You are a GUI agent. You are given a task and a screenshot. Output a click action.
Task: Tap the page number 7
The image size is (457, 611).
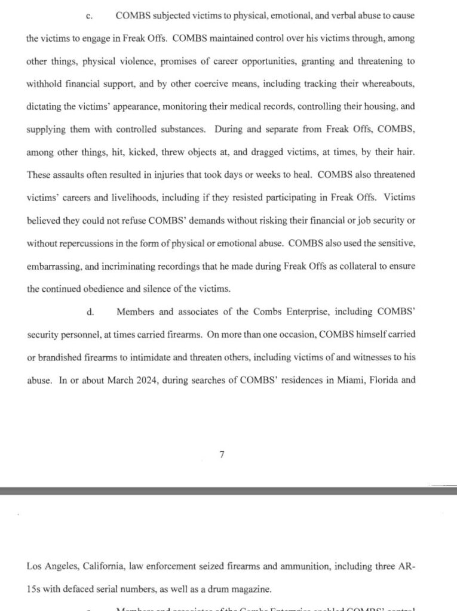click(x=222, y=454)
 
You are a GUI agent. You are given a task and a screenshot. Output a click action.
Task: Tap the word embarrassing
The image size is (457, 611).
click(x=54, y=266)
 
